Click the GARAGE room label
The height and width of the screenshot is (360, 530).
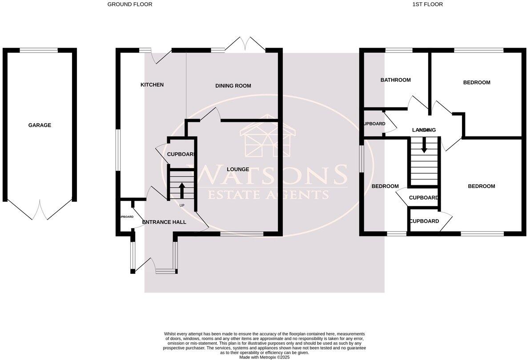click(x=40, y=125)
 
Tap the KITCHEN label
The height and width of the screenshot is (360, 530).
click(x=152, y=85)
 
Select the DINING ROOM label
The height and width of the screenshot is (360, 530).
click(x=233, y=86)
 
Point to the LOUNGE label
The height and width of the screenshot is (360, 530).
click(x=238, y=169)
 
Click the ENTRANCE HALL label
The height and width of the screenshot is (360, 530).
click(x=164, y=222)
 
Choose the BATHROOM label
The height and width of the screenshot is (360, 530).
click(x=395, y=80)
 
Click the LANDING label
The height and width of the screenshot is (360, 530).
click(x=424, y=130)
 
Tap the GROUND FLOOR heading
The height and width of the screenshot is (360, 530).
click(x=130, y=4)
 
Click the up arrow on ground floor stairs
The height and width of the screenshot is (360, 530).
click(x=181, y=190)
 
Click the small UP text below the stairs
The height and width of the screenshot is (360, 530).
click(x=181, y=206)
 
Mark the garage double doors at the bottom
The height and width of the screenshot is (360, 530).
click(x=40, y=209)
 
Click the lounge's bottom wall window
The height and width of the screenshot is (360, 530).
click(x=241, y=234)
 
